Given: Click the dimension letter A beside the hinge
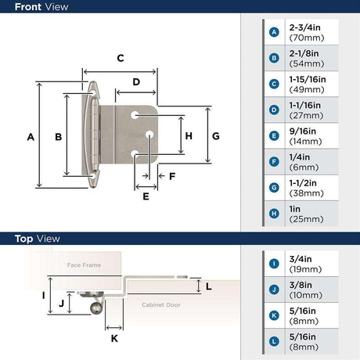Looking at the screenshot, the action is [x=31, y=137].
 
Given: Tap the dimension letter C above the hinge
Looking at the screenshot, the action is [x=121, y=58].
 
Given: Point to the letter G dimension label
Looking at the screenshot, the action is [x=216, y=136].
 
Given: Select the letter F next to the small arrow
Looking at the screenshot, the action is [x=172, y=176].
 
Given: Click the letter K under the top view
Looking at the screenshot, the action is [x=114, y=338].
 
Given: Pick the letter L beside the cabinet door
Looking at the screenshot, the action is [x=208, y=286].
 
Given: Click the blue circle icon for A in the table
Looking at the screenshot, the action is [x=274, y=32].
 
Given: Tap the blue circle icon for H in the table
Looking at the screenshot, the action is [x=274, y=214].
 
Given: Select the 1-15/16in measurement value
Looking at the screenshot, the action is [x=308, y=79].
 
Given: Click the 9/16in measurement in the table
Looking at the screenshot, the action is [x=303, y=131].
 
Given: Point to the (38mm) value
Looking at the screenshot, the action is [x=307, y=193].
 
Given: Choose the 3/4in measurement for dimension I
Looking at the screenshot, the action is [x=301, y=259].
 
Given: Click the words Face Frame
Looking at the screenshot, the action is [x=84, y=265].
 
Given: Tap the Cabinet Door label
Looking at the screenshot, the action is [x=161, y=304].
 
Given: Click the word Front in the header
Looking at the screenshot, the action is [x=29, y=7].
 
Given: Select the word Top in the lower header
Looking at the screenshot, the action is [x=23, y=239].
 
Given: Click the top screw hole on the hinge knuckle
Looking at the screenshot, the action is [x=92, y=93].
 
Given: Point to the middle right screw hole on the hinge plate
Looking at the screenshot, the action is [x=149, y=135].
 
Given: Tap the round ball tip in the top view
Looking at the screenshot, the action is [x=95, y=308].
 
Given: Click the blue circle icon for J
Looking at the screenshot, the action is [x=274, y=290].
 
